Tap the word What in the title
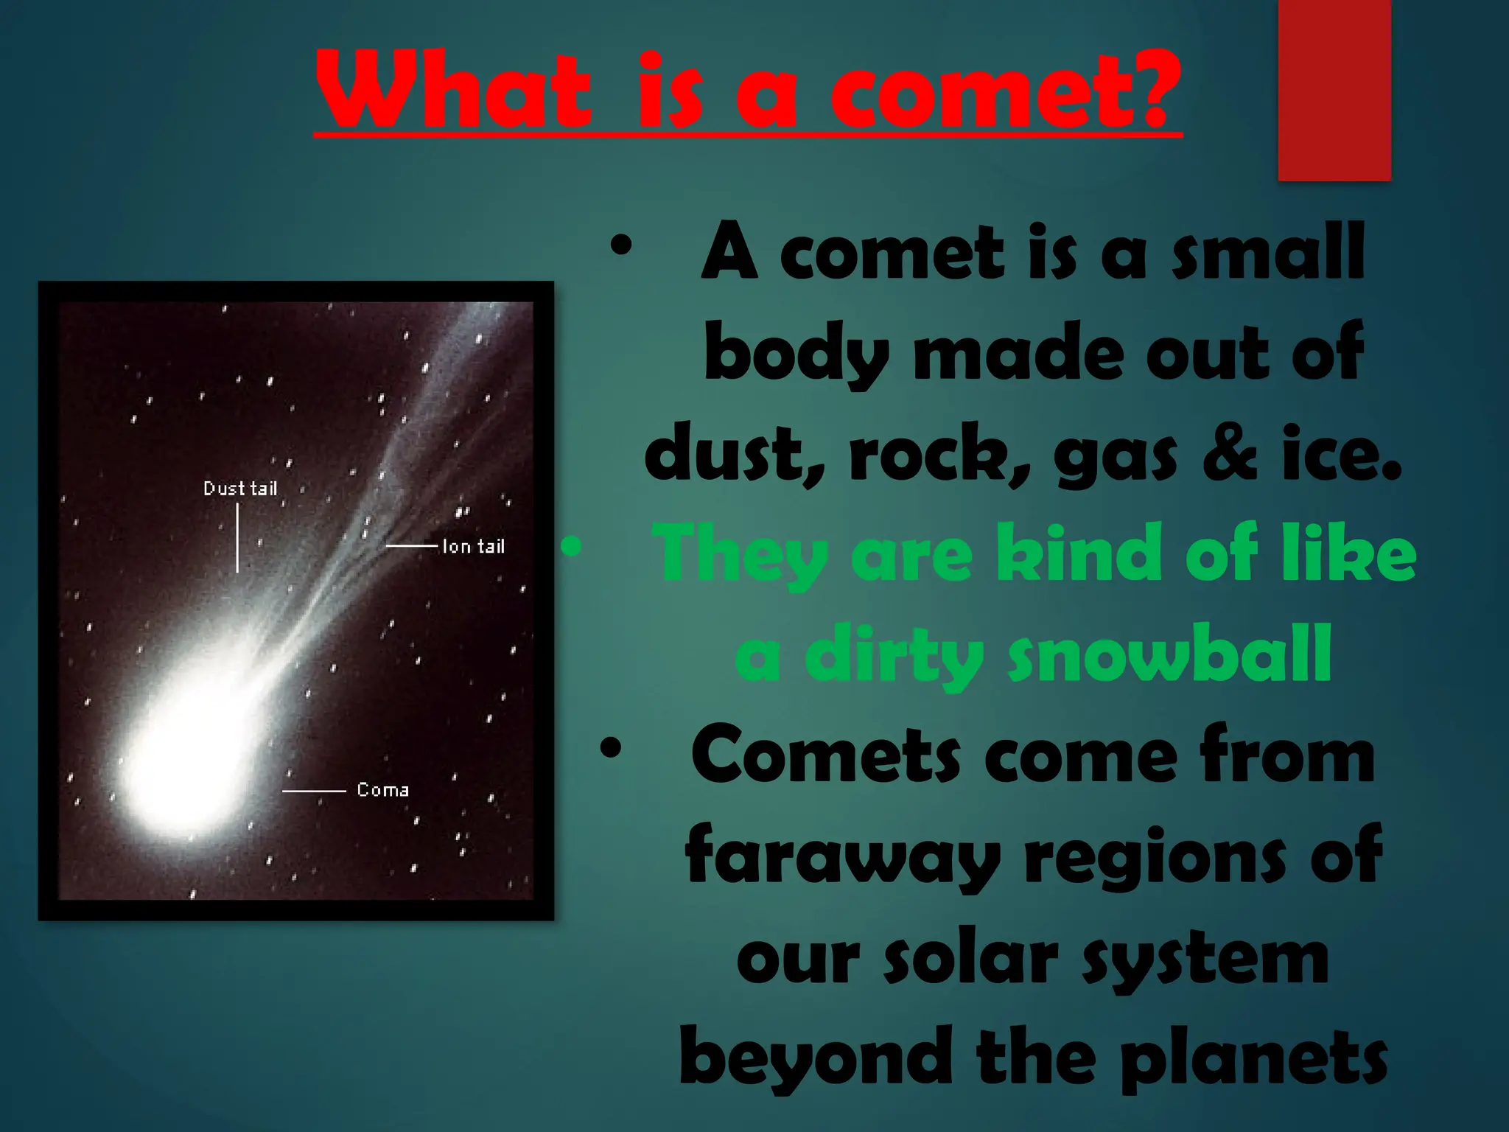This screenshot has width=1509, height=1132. coord(454,92)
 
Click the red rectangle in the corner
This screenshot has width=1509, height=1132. coord(1334,90)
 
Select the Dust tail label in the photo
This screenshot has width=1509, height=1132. coord(240,489)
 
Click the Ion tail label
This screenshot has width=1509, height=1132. coord(474,546)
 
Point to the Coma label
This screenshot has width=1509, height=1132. coord(383,790)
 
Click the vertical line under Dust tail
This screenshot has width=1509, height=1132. coord(237,538)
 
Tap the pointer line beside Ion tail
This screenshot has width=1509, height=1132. coord(413,546)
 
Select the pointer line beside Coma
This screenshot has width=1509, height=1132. coord(314,791)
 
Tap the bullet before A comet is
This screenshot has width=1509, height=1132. coord(621,246)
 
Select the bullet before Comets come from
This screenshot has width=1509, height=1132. coord(611,749)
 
